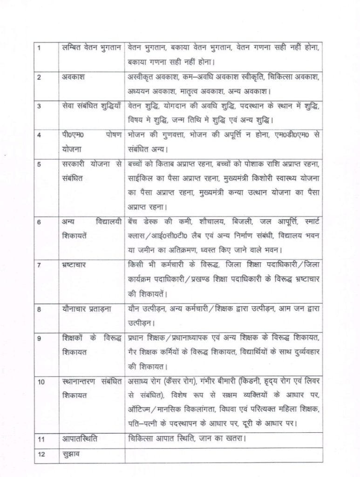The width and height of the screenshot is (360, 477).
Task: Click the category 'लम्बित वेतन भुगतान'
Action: click(x=91, y=48)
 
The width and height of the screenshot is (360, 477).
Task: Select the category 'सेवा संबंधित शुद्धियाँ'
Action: click(x=92, y=107)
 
